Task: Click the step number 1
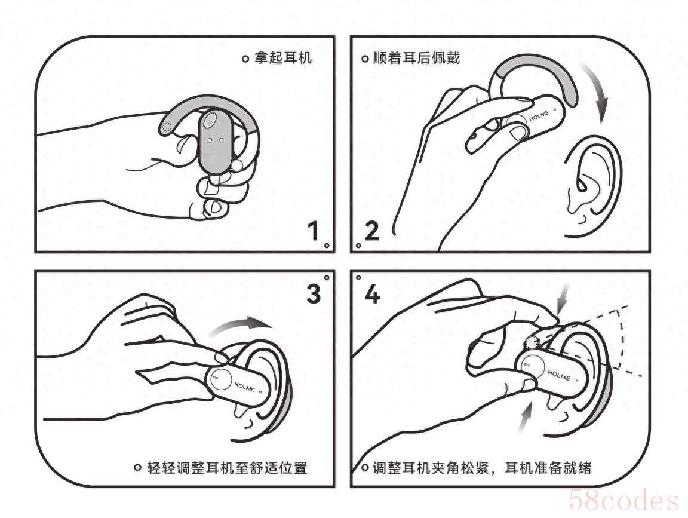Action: (314, 231)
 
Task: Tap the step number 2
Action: (371, 231)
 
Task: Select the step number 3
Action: (314, 293)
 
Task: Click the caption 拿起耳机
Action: (283, 57)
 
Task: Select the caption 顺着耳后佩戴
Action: (416, 57)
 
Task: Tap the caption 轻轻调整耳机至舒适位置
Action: (227, 468)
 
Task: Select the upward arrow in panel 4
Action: (525, 418)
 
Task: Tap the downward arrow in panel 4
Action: (563, 299)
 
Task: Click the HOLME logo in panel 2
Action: (539, 116)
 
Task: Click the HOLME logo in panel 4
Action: (558, 375)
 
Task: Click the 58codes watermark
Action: (623, 501)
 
